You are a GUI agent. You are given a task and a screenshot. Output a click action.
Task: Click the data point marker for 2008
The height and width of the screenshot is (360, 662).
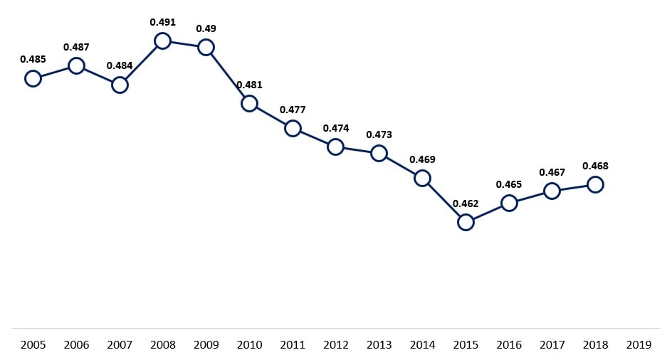click(x=162, y=41)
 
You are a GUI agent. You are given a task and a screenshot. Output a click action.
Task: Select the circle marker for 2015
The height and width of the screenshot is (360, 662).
click(x=466, y=222)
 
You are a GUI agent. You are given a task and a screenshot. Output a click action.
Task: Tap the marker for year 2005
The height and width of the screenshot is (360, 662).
click(x=33, y=78)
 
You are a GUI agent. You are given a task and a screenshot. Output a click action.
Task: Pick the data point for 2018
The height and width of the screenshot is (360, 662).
click(x=595, y=184)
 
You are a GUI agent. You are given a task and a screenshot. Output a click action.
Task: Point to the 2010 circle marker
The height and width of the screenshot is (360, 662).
click(x=249, y=103)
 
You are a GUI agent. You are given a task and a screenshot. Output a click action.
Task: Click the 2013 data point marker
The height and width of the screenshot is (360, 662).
click(x=379, y=153)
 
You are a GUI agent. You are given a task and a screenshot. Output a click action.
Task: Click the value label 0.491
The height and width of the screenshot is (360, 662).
click(x=162, y=22)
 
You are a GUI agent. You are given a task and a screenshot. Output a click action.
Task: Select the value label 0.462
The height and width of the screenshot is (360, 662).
click(x=466, y=203)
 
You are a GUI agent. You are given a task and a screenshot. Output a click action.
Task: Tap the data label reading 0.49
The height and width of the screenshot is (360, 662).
click(x=206, y=28)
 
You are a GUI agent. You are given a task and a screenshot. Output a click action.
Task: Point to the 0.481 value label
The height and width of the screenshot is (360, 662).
click(x=249, y=85)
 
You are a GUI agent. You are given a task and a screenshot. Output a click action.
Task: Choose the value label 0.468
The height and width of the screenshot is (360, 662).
click(x=595, y=166)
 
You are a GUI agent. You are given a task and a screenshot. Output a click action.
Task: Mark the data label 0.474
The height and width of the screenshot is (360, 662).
click(x=335, y=128)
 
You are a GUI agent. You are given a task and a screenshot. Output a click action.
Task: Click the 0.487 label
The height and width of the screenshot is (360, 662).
click(x=76, y=47)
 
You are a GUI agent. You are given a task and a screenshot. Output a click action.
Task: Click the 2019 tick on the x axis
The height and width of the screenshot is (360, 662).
click(x=639, y=345)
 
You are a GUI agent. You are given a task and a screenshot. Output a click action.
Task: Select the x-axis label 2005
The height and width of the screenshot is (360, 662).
click(x=33, y=345)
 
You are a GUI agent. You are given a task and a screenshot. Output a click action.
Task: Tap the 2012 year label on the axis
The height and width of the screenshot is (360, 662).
click(x=335, y=345)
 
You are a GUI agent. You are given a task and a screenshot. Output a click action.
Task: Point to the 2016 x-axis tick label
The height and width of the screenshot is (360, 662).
click(x=509, y=345)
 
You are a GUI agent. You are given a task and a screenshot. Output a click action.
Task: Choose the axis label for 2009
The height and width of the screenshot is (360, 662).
click(x=206, y=345)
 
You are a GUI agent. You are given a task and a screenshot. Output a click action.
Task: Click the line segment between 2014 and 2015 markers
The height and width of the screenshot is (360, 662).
click(x=443, y=200)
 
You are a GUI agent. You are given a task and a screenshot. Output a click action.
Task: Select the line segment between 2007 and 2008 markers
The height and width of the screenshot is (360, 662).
click(x=141, y=63)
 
